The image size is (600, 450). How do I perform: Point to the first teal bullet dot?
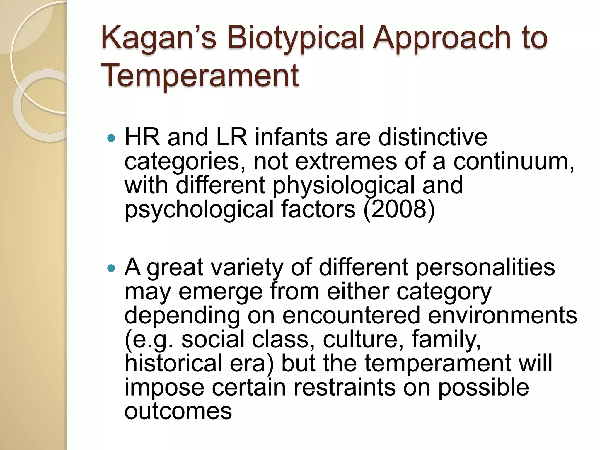coord(111,138)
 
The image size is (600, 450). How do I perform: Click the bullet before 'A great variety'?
coord(111,268)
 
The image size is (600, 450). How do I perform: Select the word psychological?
coord(199,210)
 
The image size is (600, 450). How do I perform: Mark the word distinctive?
coord(433,137)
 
